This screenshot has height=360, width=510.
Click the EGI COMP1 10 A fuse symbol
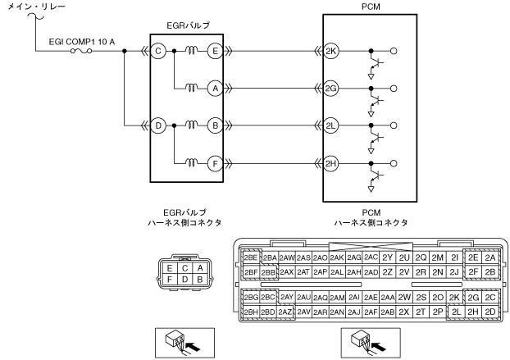pyautogui.click(x=81, y=51)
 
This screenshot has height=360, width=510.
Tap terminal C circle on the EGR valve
pyautogui.click(x=158, y=51)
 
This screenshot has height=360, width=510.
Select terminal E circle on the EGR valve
pyautogui.click(x=216, y=51)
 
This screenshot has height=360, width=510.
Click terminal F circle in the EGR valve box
pyautogui.click(x=216, y=163)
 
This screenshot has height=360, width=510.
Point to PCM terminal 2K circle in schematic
pyautogui.click(x=330, y=51)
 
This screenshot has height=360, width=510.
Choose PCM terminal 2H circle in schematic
pyautogui.click(x=330, y=163)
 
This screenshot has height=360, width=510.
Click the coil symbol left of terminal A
pyautogui.click(x=192, y=88)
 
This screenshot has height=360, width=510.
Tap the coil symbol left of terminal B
pyautogui.click(x=192, y=125)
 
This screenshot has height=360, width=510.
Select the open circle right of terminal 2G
pyautogui.click(x=394, y=88)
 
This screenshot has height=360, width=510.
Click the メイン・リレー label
pyautogui.click(x=36, y=7)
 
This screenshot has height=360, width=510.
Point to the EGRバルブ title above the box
pyautogui.click(x=188, y=25)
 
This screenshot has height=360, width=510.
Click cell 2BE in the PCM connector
pyautogui.click(x=251, y=257)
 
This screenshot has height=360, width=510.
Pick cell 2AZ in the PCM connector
pyautogui.click(x=286, y=312)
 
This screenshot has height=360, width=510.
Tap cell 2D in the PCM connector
pyautogui.click(x=490, y=312)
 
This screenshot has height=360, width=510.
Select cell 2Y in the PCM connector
pyautogui.click(x=387, y=257)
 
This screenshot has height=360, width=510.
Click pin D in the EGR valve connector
pyautogui.click(x=184, y=280)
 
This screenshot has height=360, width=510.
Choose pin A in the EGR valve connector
pyautogui.click(x=200, y=268)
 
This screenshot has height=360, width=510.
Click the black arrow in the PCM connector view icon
pyautogui.click(x=379, y=347)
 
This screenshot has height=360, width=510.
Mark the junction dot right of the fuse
pyautogui.click(x=125, y=51)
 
